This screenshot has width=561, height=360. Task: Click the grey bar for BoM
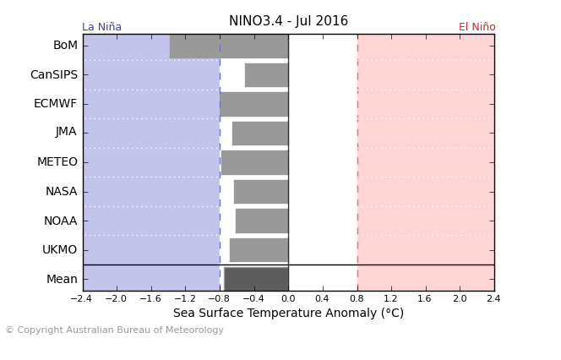pyautogui.click(x=228, y=46)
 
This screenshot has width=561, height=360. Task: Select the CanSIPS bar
pyautogui.click(x=266, y=74)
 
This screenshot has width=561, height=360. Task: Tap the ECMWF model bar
pyautogui.click(x=253, y=104)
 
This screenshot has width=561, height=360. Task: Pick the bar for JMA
pyautogui.click(x=260, y=133)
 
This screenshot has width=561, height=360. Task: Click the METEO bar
pyautogui.click(x=254, y=162)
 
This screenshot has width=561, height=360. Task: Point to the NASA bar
pyautogui.click(x=260, y=191)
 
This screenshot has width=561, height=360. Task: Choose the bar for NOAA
pyautogui.click(x=261, y=221)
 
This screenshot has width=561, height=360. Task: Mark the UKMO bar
pyautogui.click(x=259, y=249)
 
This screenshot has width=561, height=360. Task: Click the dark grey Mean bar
pyautogui.click(x=256, y=278)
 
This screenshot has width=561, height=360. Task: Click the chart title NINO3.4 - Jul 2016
pyautogui.click(x=288, y=21)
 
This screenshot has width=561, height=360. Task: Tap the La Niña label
pyautogui.click(x=101, y=27)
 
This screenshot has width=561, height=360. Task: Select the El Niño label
pyautogui.click(x=477, y=27)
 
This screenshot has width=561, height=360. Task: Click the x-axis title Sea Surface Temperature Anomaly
pyautogui.click(x=288, y=314)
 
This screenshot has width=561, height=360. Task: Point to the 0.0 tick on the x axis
pyautogui.click(x=288, y=298)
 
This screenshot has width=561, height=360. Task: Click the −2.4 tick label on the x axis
pyautogui.click(x=81, y=298)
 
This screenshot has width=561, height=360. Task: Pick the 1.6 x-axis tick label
pyautogui.click(x=425, y=298)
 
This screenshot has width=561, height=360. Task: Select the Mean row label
pyautogui.click(x=62, y=279)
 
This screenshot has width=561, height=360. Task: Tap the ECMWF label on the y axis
pyautogui.click(x=55, y=104)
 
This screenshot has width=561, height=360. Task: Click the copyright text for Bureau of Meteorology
pyautogui.click(x=114, y=330)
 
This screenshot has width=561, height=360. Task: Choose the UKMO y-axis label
pyautogui.click(x=59, y=249)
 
